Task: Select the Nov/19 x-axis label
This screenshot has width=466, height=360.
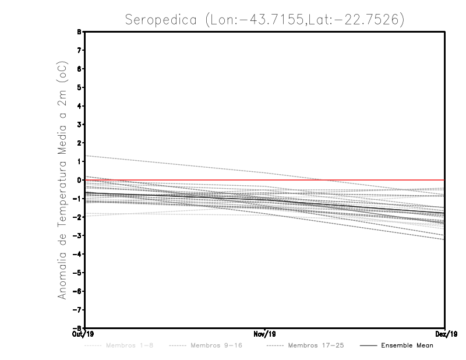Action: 264,335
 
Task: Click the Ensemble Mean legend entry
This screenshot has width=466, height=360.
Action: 407,345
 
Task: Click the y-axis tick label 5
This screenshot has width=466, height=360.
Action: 78,87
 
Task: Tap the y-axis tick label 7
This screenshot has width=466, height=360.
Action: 78,51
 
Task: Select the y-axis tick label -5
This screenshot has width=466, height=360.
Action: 77,273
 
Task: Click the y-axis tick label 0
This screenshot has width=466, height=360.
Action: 78,180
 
